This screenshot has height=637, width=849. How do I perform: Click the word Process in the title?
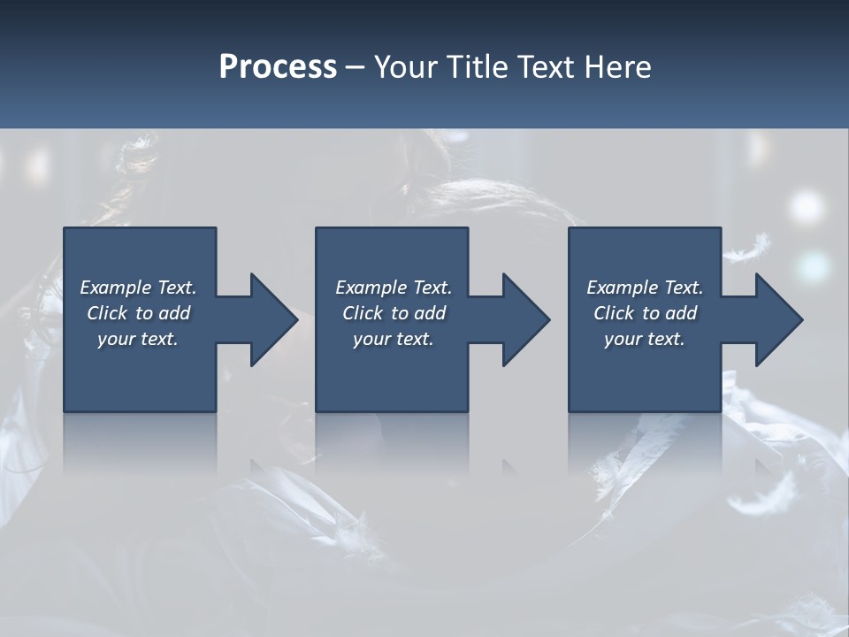point(278,67)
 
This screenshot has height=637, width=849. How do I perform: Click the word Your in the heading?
point(407,67)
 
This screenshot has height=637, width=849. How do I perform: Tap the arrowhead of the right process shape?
point(777,319)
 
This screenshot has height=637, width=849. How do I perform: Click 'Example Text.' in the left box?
point(138,288)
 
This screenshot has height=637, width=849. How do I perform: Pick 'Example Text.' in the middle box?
point(394,288)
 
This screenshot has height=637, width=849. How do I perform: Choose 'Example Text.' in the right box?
point(645,288)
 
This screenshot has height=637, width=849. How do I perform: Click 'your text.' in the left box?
point(138,339)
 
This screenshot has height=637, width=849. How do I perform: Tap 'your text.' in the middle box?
point(394,339)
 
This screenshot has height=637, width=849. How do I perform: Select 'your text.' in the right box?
point(645,339)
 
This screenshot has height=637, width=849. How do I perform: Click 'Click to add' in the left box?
point(138,313)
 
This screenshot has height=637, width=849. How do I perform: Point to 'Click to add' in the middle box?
point(394,313)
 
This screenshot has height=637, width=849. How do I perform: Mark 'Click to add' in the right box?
point(645,313)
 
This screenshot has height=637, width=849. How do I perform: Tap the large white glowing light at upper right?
point(807,207)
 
